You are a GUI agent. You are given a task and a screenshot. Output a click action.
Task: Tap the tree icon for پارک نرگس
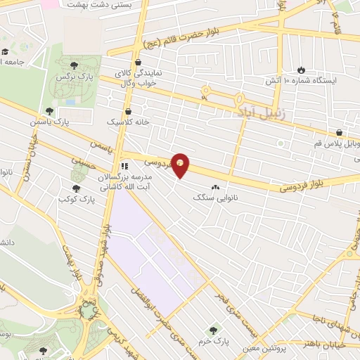pyautogui.click(x=75, y=65)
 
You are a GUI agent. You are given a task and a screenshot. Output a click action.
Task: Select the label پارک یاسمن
pyautogui.click(x=52, y=122)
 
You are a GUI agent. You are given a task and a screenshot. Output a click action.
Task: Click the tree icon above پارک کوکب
pyautogui.click(x=76, y=188)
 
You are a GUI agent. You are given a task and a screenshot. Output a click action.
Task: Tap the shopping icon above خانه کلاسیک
pyautogui.click(x=127, y=111)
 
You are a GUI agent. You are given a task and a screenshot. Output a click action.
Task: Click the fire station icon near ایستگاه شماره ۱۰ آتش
pyautogui.click(x=302, y=70)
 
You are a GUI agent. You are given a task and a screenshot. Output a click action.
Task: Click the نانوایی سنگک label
pyautogui.click(x=215, y=199)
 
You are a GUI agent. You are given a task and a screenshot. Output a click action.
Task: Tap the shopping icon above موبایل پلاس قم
pyautogui.click(x=339, y=132)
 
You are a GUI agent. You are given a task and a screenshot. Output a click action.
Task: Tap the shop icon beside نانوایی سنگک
pyautogui.click(x=215, y=188)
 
